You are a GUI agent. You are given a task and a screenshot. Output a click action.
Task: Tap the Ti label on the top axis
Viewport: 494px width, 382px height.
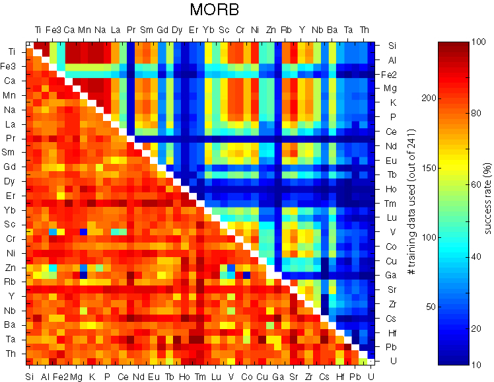[38, 30]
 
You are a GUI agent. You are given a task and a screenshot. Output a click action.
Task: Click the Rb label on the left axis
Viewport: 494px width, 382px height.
[11, 283]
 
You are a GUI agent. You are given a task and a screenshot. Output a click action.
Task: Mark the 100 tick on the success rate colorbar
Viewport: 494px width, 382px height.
[477, 42]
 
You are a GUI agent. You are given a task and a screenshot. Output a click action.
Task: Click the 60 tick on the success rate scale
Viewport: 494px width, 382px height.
[476, 185]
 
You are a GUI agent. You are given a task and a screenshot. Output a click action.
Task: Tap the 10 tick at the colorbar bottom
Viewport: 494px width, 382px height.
[476, 364]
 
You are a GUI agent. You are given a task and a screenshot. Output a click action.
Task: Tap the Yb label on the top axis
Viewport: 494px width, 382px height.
[209, 30]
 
